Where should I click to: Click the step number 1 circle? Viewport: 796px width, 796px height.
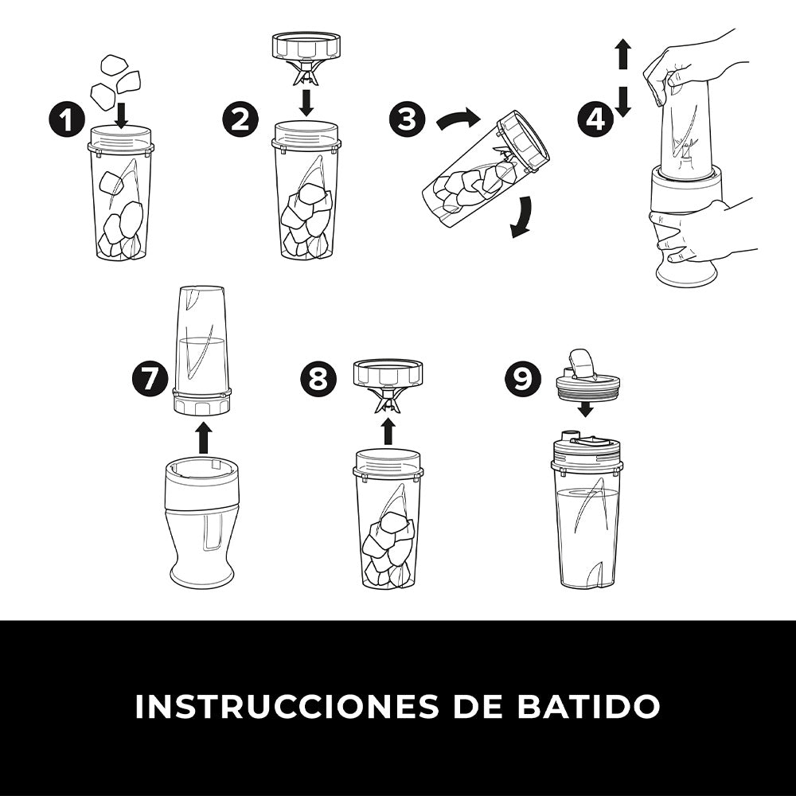pos(67,121)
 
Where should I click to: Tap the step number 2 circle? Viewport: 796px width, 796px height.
pos(240,121)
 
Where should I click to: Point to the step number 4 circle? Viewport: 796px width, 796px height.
pos(596,120)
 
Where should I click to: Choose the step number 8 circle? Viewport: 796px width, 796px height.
pos(318,379)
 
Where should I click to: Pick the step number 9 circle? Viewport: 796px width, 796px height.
pos(523,379)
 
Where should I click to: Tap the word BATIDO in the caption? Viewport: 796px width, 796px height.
pos(588,705)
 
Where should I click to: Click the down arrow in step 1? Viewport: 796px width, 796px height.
pos(121,115)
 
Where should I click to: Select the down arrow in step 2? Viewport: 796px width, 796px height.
pos(306,103)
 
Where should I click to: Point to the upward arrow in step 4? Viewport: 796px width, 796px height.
pos(624,54)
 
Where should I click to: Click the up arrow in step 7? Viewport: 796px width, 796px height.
pos(204,439)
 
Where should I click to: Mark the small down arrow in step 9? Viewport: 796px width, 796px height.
pos(587,409)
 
